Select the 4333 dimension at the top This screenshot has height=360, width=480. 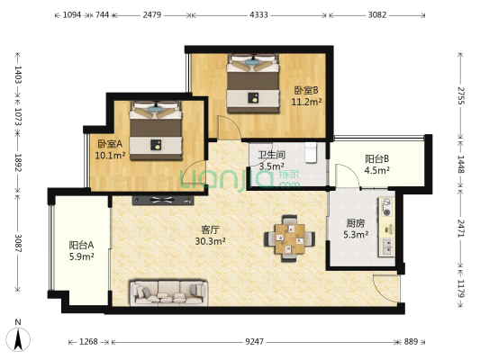258,15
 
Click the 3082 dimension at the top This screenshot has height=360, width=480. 377,15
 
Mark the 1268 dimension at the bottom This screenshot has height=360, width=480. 88,341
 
